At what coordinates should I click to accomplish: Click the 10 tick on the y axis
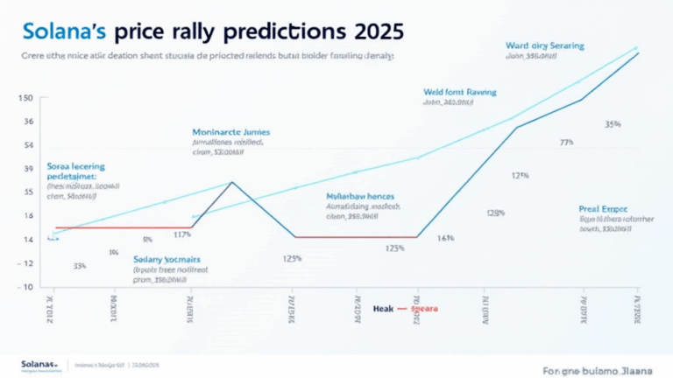click(27, 287)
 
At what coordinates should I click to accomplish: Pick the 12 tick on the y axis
click(27, 263)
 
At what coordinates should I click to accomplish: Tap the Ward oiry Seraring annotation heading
click(544, 45)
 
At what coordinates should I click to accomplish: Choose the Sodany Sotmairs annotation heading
click(167, 260)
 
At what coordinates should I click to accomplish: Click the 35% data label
click(613, 123)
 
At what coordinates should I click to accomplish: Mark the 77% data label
click(567, 142)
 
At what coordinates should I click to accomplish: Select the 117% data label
click(183, 234)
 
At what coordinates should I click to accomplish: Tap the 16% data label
click(445, 238)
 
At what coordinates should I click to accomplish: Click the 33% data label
click(79, 266)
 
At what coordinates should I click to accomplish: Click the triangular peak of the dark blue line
click(231, 182)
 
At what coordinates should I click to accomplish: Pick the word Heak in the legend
click(384, 309)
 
